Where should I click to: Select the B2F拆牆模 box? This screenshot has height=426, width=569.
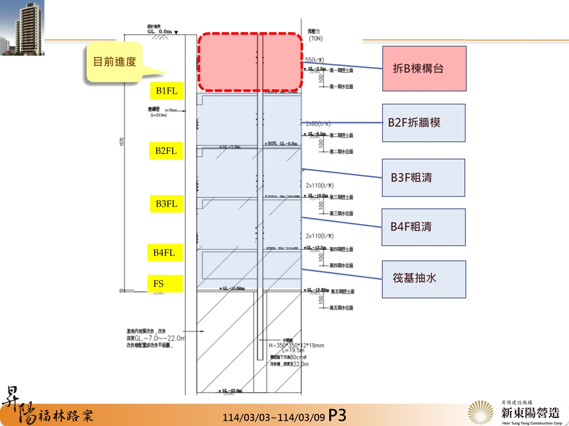[x=423, y=123]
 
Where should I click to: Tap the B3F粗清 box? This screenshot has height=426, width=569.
[x=423, y=178]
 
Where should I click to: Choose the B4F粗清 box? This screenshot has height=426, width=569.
[x=423, y=227]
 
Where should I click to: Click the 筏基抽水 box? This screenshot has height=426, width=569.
[x=423, y=279]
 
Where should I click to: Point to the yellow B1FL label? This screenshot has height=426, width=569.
[x=166, y=91]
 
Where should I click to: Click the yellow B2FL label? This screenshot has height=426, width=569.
[x=166, y=151]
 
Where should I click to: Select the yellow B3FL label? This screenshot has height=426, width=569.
[x=166, y=204]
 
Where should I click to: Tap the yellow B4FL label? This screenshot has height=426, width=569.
[x=164, y=253]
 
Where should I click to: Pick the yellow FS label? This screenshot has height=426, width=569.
[x=164, y=284]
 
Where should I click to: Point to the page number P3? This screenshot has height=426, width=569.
[x=337, y=416]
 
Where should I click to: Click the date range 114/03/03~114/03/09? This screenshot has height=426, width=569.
[x=274, y=417]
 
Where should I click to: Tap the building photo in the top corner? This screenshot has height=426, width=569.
[x=22, y=27]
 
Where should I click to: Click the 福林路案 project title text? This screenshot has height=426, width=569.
[x=67, y=415]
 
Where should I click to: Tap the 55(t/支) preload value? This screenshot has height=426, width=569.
[x=315, y=60]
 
